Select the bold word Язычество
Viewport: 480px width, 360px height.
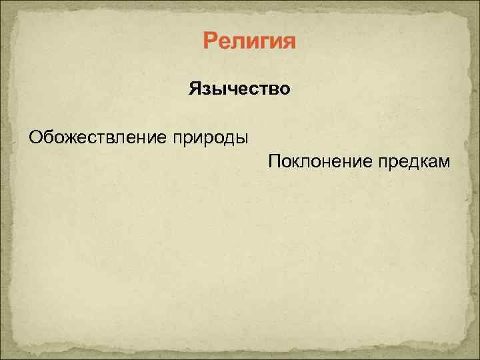[x=239, y=88]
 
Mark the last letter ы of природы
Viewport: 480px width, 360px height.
[x=242, y=139]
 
